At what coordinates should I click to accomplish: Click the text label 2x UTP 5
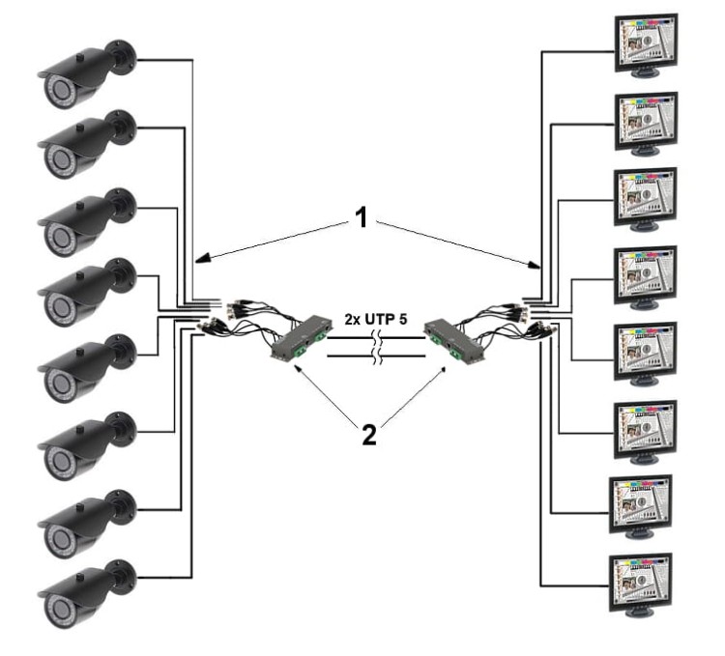pyautogui.click(x=378, y=318)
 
